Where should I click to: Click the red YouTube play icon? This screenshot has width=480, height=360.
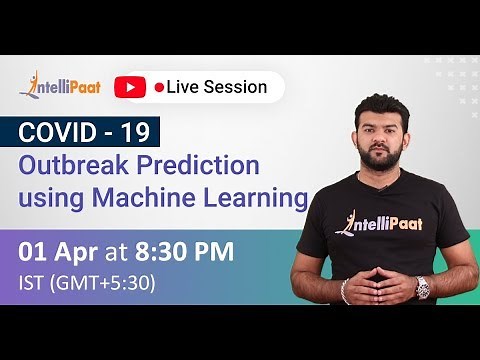click(x=130, y=87)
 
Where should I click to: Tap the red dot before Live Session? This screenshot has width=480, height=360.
click(x=159, y=88)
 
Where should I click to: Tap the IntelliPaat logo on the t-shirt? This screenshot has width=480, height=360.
click(x=385, y=221)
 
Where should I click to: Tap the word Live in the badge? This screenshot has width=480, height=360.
click(x=185, y=87)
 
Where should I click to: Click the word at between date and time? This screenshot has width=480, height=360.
click(x=118, y=251)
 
